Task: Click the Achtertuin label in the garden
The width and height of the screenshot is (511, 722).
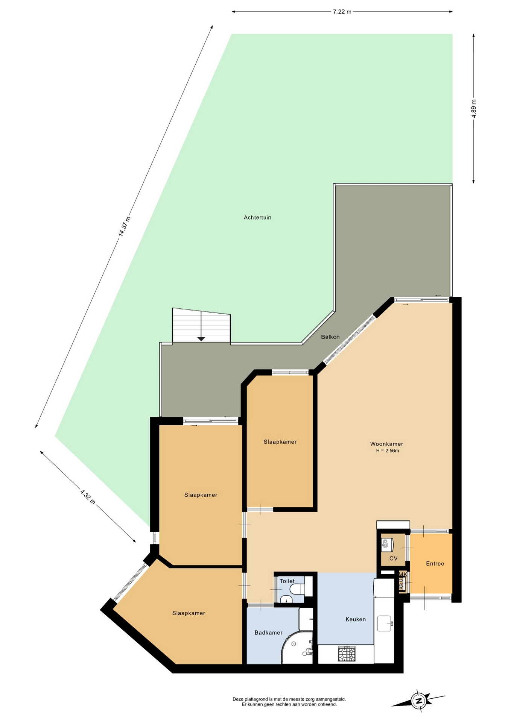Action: point(257,217)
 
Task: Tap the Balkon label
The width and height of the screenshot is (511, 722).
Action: point(330,337)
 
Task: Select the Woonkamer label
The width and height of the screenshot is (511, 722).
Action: point(387,444)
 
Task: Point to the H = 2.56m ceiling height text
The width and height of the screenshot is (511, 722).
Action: point(388,450)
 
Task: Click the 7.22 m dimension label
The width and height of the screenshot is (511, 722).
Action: point(342,12)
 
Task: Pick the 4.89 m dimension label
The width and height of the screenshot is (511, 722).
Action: point(474,109)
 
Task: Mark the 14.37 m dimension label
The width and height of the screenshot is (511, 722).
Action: point(125,226)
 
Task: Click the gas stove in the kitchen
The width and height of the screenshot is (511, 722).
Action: point(347,654)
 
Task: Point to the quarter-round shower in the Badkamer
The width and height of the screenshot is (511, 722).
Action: point(297,648)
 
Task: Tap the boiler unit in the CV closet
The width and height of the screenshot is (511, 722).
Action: point(387,545)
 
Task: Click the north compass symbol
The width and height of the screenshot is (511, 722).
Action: point(418,701)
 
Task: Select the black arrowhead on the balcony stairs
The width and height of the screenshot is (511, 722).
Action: point(201,339)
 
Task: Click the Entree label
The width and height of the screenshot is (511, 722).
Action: point(435,563)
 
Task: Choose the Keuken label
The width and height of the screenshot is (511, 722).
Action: point(356,619)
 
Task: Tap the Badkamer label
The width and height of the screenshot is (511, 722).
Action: point(268,633)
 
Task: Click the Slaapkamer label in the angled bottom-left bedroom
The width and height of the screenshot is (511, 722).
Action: point(189,613)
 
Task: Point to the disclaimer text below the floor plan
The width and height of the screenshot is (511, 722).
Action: point(289,702)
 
